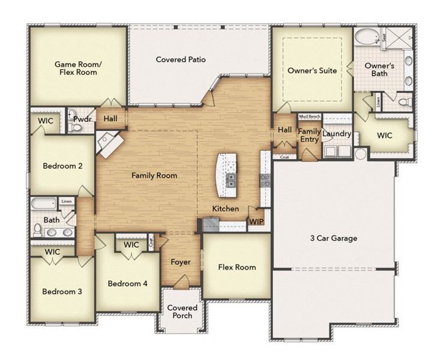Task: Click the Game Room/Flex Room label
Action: pyautogui.click(x=76, y=68)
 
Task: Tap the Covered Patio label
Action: pyautogui.click(x=181, y=59)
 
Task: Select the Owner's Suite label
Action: pyautogui.click(x=312, y=70)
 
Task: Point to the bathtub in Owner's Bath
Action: pyautogui.click(x=365, y=37)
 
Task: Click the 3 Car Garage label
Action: pyautogui.click(x=334, y=238)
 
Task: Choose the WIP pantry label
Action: pyautogui.click(x=256, y=222)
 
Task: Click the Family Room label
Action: pyautogui.click(x=154, y=176)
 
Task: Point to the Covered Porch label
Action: pyautogui.click(x=182, y=311)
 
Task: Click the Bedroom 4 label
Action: pyautogui.click(x=128, y=283)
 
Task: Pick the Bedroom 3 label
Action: pyautogui.click(x=62, y=292)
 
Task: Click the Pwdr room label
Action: pyautogui.click(x=82, y=119)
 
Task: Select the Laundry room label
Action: pyautogui.click(x=336, y=134)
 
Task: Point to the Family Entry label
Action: pyautogui.click(x=309, y=135)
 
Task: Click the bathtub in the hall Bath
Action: pyautogui.click(x=44, y=203)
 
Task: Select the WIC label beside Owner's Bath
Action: pyautogui.click(x=385, y=136)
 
